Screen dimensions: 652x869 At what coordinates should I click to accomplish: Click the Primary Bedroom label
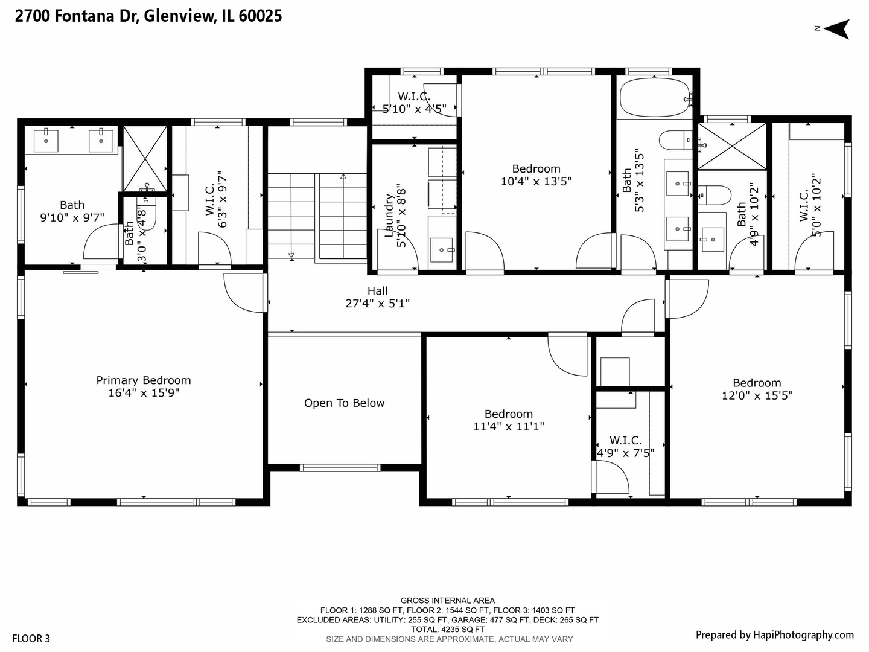144,380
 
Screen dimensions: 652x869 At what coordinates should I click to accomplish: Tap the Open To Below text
344,403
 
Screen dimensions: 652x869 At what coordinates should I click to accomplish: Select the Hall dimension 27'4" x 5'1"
377,304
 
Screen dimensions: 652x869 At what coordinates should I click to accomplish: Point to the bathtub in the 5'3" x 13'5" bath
654,97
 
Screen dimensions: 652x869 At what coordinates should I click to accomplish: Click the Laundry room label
390,216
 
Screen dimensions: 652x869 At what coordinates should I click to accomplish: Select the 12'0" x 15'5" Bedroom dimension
757,396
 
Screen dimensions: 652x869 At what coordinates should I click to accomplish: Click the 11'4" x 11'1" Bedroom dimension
508,427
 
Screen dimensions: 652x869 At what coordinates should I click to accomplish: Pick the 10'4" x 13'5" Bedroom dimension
536,181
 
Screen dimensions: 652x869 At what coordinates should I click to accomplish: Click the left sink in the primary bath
46,140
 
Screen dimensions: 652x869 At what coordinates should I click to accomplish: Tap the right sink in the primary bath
101,140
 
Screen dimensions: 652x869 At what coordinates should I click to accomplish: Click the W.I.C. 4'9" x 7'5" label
625,447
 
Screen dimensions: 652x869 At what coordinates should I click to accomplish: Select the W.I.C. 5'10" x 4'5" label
414,103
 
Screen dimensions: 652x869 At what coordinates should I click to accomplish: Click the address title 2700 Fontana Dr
148,16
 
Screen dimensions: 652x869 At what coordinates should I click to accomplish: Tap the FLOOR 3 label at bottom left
31,639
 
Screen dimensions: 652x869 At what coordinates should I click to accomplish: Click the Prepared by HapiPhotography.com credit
774,634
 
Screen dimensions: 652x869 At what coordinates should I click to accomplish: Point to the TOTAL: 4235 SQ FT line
448,629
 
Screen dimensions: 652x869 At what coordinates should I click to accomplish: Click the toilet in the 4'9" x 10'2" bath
714,196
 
